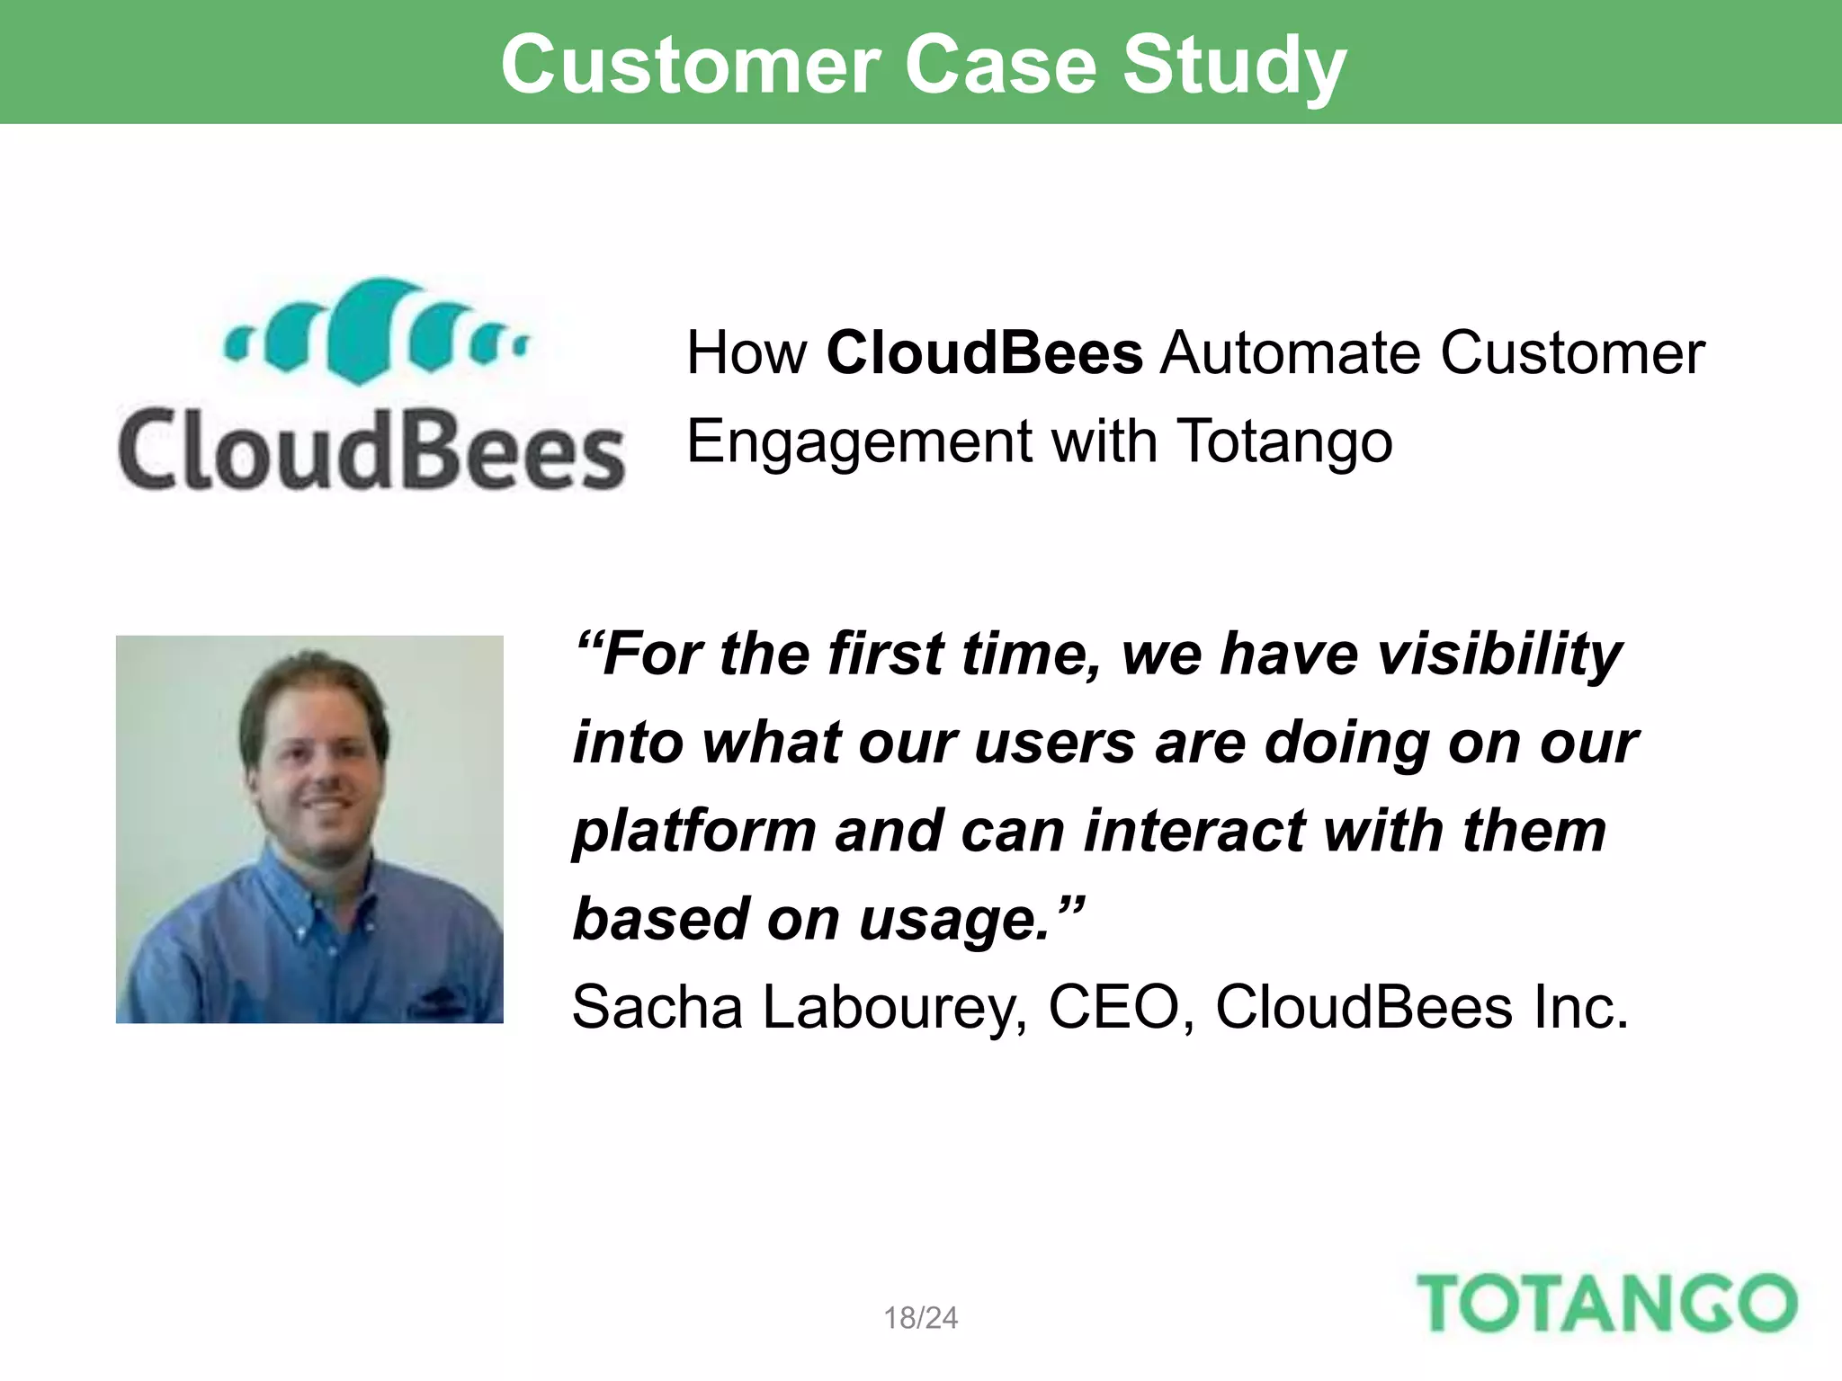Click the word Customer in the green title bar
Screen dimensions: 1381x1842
pyautogui.click(x=691, y=65)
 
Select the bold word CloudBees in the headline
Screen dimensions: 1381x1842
pyautogui.click(x=985, y=352)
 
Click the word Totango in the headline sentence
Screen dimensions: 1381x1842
pyautogui.click(x=1285, y=441)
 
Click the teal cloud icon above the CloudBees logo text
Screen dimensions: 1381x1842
pyautogui.click(x=375, y=331)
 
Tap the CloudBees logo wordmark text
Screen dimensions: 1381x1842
pyautogui.click(x=371, y=450)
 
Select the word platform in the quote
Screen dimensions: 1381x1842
pyautogui.click(x=694, y=832)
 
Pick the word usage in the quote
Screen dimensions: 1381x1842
pyautogui.click(x=954, y=920)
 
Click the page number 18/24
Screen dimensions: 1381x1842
pyautogui.click(x=920, y=1318)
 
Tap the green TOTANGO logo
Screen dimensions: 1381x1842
pyautogui.click(x=1606, y=1304)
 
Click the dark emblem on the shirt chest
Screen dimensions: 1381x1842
pyautogui.click(x=443, y=998)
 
